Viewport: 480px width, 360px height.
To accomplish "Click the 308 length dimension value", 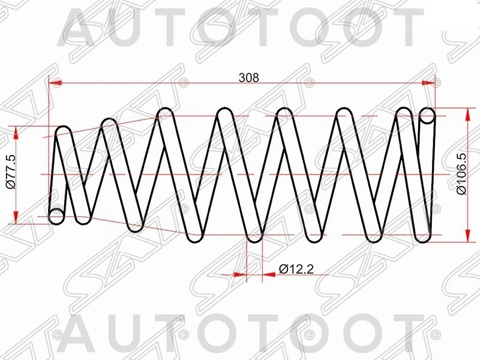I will point(248,77).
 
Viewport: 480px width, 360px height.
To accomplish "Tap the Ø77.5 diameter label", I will point(10,173).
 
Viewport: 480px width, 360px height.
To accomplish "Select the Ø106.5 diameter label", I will point(461,174).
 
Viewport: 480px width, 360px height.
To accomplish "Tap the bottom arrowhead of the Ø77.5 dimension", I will point(17,219).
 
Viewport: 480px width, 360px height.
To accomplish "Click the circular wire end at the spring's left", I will point(56,216).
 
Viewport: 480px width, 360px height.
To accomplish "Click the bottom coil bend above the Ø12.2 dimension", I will point(255,236).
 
